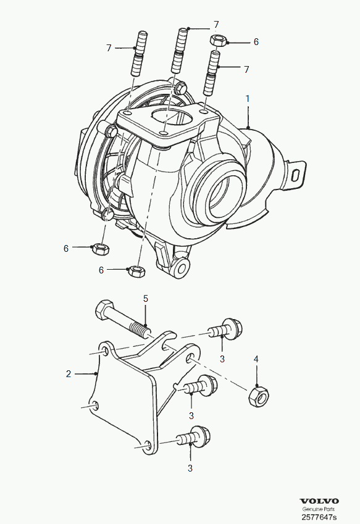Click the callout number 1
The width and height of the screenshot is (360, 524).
tap(248, 99)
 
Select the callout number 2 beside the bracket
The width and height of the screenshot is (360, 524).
tap(69, 373)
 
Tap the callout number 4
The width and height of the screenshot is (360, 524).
tap(256, 359)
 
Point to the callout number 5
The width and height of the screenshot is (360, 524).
tap(145, 299)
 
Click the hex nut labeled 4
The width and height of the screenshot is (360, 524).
tap(259, 396)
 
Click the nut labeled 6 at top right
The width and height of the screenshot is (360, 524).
tap(218, 41)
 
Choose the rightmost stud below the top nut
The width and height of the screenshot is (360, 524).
tap(212, 73)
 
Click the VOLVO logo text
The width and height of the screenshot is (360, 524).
tap(319, 501)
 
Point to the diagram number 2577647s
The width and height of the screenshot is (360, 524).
tap(319, 517)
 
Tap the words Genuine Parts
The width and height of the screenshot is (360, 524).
tap(318, 509)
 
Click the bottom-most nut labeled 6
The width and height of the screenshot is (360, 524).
tap(136, 271)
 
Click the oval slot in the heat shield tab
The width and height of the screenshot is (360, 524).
tap(296, 175)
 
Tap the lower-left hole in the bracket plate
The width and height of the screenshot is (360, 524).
tap(95, 405)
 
